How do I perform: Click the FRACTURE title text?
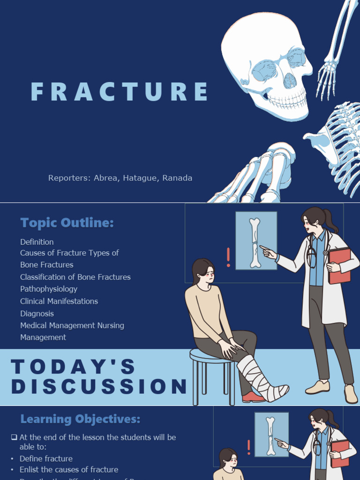click(120, 92)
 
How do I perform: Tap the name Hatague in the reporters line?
click(141, 178)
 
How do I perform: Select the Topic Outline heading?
click(67, 223)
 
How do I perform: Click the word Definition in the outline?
click(37, 242)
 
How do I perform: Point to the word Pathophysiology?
click(49, 289)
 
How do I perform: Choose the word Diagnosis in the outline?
click(37, 314)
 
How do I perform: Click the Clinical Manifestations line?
click(59, 301)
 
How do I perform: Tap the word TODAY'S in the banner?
click(73, 367)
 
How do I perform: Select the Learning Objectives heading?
click(80, 419)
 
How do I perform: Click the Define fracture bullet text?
click(46, 459)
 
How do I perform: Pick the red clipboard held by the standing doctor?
click(340, 265)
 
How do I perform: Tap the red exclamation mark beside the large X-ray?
click(228, 257)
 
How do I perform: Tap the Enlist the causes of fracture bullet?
click(69, 470)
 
